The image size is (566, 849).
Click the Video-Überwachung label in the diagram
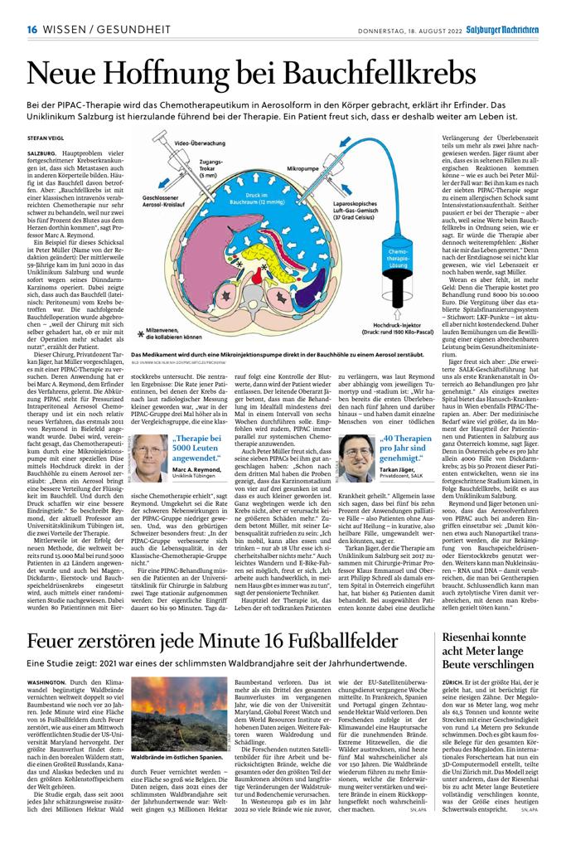pyautogui.click(x=196, y=143)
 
